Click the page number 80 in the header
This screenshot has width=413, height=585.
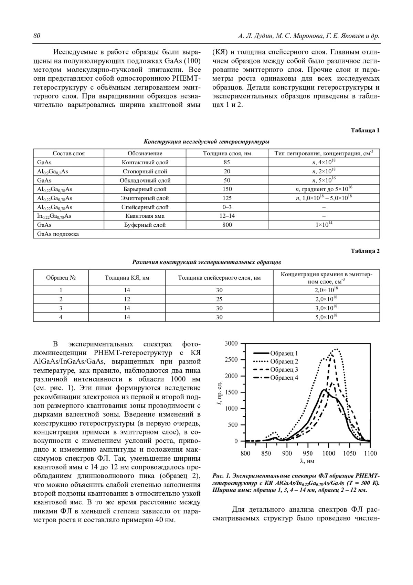click(x=37, y=36)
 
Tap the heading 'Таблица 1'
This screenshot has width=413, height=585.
click(x=365, y=131)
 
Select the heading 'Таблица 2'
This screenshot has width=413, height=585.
click(x=365, y=251)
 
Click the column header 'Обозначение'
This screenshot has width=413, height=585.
click(x=145, y=153)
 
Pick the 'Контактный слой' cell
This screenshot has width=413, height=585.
click(x=145, y=162)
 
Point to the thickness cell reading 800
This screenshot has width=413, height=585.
click(x=227, y=225)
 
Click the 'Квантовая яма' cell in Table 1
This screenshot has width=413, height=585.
click(x=145, y=216)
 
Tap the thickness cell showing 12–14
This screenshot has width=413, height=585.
click(x=227, y=216)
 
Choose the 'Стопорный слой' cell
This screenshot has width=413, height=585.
click(x=145, y=171)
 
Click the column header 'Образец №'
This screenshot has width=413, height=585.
click(x=61, y=278)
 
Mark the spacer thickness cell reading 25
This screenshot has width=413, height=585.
click(x=219, y=299)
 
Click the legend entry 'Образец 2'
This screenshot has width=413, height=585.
click(x=284, y=361)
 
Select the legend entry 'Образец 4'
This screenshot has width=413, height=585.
click(x=284, y=378)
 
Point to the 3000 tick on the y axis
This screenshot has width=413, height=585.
click(x=231, y=343)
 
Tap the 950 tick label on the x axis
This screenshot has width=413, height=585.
click(x=308, y=453)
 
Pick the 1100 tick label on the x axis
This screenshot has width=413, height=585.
click(x=370, y=453)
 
